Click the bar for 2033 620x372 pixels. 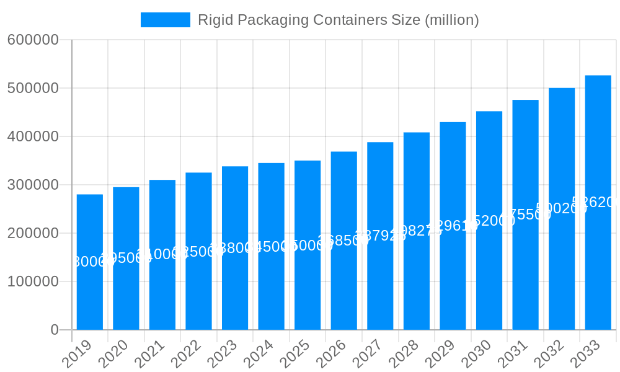click(x=598, y=267)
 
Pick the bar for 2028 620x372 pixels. click(x=417, y=279)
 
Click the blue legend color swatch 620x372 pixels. click(x=165, y=20)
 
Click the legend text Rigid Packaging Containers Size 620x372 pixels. click(x=338, y=20)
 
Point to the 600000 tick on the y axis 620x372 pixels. click(x=33, y=40)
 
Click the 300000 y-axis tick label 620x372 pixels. click(x=33, y=185)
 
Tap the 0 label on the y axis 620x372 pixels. click(x=55, y=330)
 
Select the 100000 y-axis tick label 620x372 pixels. click(x=33, y=281)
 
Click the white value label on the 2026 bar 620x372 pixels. click(x=343, y=241)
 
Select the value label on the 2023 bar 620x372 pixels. click(x=235, y=248)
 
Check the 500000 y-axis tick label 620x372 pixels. click(x=33, y=88)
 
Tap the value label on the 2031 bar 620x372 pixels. click(x=525, y=215)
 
